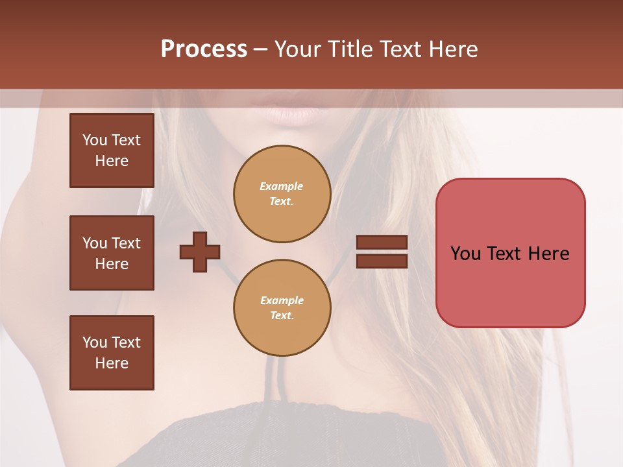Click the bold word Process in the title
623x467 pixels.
204,49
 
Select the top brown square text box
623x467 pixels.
112,150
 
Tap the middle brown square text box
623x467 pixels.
112,253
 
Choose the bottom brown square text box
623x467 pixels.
112,353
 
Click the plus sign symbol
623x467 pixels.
200,252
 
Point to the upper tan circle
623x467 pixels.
282,194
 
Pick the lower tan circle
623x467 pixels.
282,308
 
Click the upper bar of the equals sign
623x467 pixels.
382,243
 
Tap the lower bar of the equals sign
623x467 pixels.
382,261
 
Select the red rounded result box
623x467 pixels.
510,253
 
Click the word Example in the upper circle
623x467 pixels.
281,186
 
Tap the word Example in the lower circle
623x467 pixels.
282,300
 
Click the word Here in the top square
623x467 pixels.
112,161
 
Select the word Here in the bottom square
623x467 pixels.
112,363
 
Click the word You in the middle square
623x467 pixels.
94,243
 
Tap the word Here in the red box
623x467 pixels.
548,254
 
